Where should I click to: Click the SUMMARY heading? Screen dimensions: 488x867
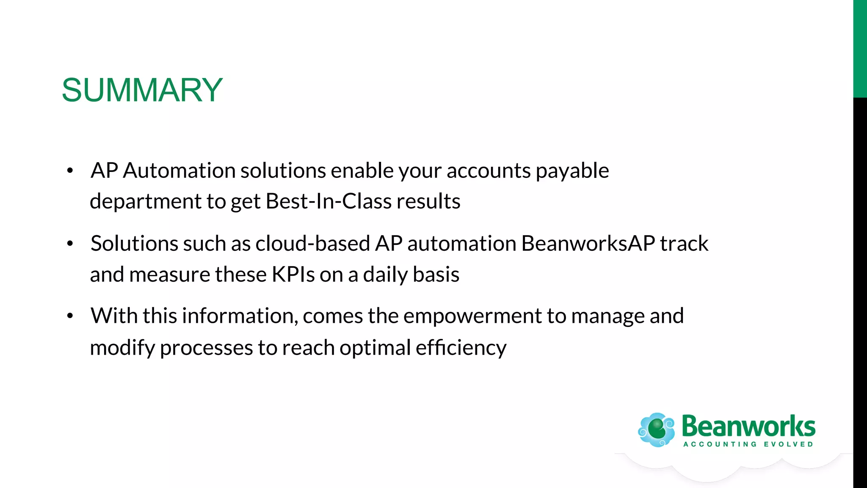pyautogui.click(x=142, y=90)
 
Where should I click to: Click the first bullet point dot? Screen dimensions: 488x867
pyautogui.click(x=70, y=171)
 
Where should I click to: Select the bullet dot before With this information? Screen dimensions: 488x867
pyautogui.click(x=70, y=316)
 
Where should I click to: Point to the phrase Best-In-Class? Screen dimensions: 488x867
pyautogui.click(x=328, y=201)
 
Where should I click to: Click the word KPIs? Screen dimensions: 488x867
pyautogui.click(x=293, y=274)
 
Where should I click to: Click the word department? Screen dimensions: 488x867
pyautogui.click(x=146, y=202)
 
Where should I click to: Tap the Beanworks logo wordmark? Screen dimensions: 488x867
pyautogui.click(x=748, y=427)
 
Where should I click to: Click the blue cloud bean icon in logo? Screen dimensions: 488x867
pyautogui.click(x=657, y=430)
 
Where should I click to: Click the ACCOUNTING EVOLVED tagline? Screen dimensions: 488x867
pyautogui.click(x=748, y=444)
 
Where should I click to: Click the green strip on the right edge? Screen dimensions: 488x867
pyautogui.click(x=860, y=49)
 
